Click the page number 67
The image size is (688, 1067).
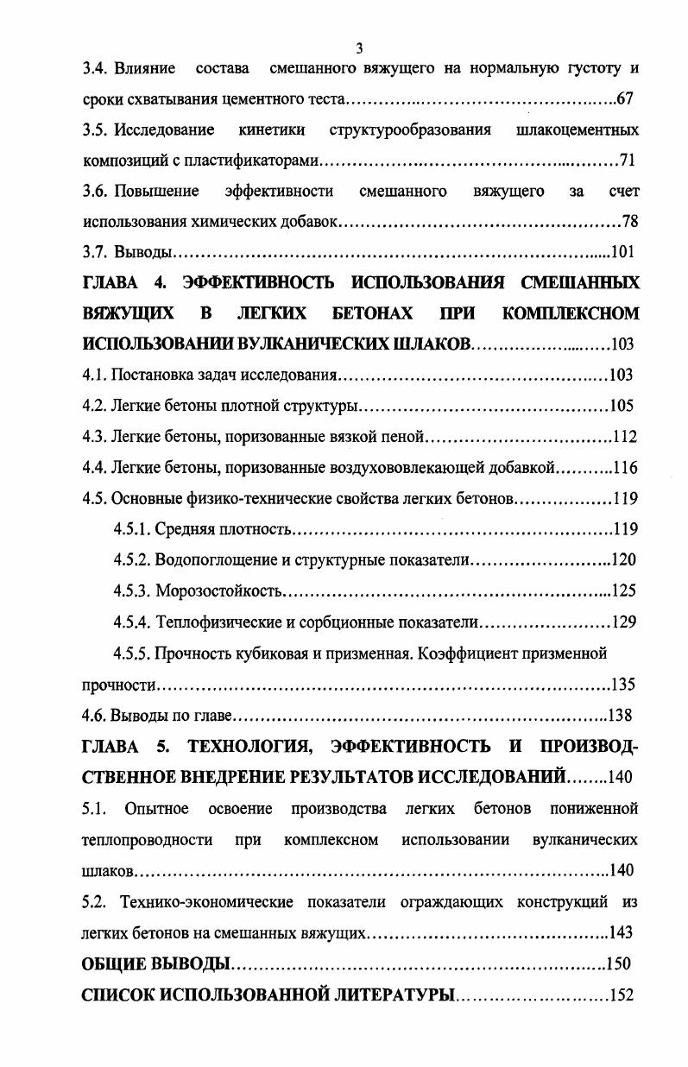(626, 98)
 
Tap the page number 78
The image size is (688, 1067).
(629, 222)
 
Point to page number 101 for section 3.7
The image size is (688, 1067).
(622, 253)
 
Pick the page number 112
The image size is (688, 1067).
(624, 437)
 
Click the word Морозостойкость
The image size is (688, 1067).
(218, 591)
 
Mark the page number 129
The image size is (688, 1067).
(623, 622)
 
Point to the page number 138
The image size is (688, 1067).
(620, 715)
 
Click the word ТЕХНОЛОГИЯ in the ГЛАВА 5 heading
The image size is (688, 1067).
(246, 746)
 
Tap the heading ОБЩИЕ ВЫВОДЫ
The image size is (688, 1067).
(155, 963)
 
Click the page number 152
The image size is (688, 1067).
(622, 994)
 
